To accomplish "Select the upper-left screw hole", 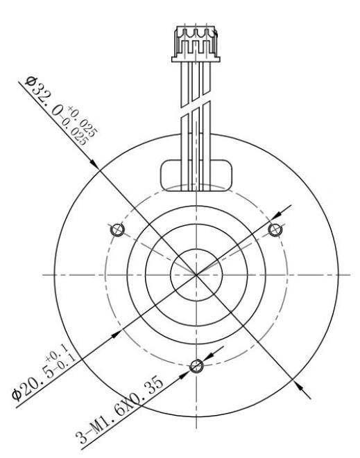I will pos(117,229).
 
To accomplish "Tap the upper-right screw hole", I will pos(276,229).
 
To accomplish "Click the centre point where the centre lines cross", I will pos(196,274).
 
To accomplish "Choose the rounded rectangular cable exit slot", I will pos(196,173).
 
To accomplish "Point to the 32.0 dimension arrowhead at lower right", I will pos(299,386).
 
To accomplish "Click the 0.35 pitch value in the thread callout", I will pos(148,394).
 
